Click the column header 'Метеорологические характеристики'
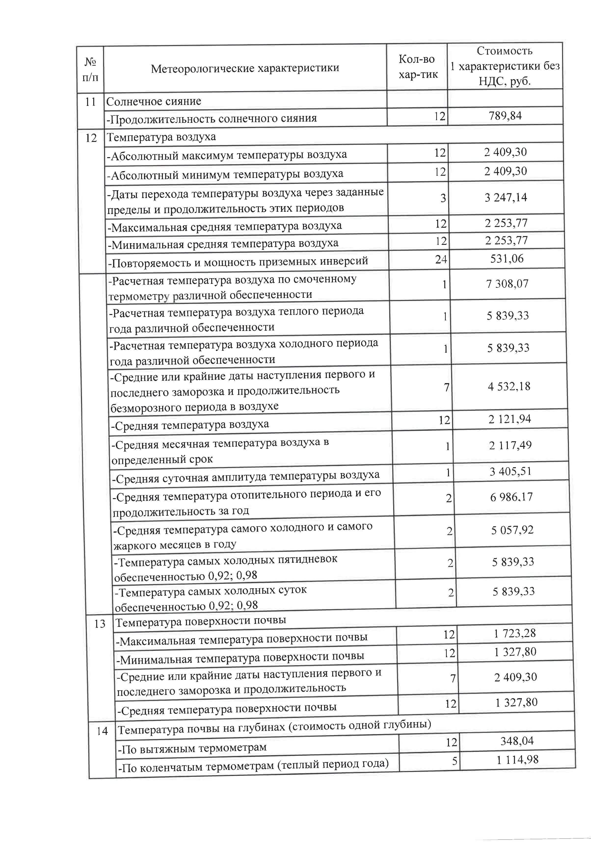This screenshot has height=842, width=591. [245, 68]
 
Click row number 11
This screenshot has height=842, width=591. [90, 102]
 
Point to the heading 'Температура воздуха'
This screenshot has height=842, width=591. [161, 137]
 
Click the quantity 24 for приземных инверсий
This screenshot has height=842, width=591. [441, 259]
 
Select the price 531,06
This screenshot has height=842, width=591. [507, 259]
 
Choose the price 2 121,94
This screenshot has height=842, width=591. [510, 419]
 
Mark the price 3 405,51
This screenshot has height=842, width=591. [510, 471]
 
